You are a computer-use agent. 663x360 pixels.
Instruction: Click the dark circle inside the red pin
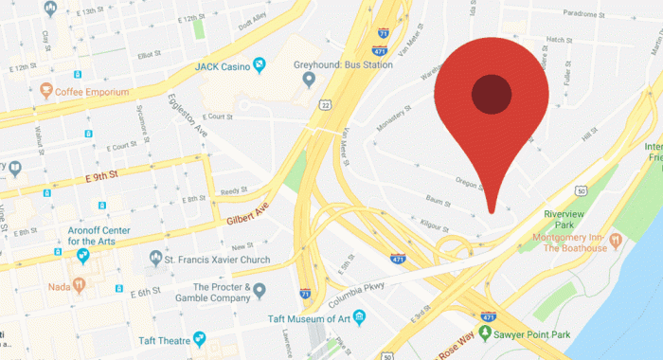click(491, 93)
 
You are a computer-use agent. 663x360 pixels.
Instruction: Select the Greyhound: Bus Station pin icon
click(308, 80)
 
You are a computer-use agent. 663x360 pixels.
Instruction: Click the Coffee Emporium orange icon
click(45, 91)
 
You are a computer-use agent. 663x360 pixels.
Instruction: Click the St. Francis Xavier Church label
click(218, 259)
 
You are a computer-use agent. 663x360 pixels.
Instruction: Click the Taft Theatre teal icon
click(199, 337)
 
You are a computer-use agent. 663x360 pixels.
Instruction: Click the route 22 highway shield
click(324, 104)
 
